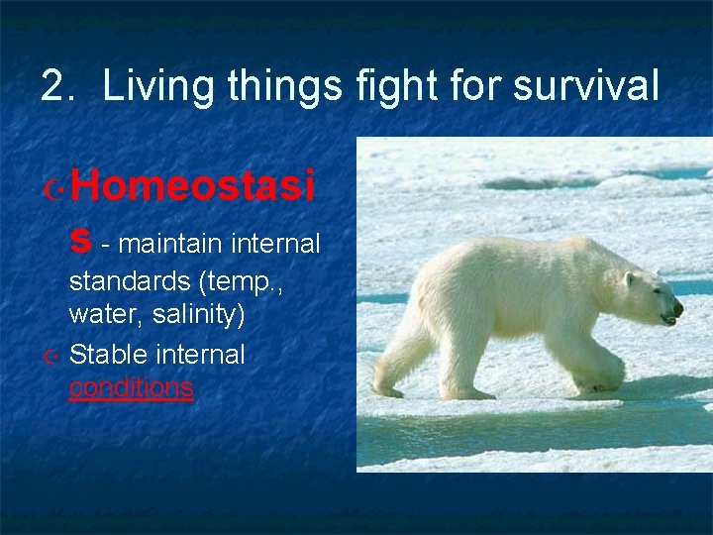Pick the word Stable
(104, 355)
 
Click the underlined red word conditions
(131, 387)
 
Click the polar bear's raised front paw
(598, 380)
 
